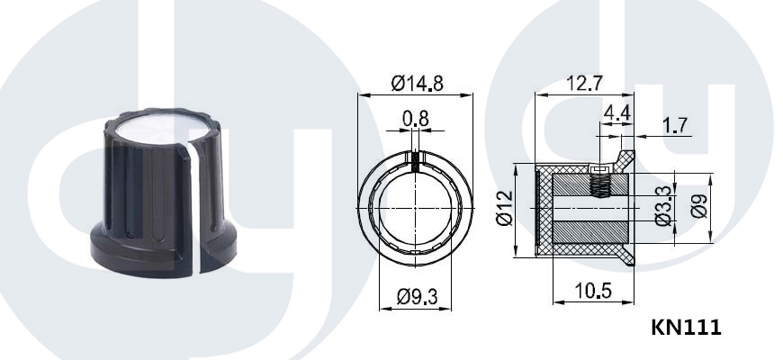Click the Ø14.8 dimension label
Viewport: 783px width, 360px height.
click(x=417, y=83)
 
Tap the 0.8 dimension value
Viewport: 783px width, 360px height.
click(x=416, y=119)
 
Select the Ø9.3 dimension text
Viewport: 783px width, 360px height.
click(x=417, y=297)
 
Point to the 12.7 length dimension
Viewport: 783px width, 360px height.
click(x=584, y=83)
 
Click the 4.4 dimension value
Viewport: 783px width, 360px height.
click(x=616, y=112)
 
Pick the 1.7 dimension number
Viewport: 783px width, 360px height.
click(x=675, y=125)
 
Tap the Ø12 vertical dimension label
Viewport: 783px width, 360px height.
click(x=504, y=208)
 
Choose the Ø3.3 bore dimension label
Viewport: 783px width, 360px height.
click(x=663, y=206)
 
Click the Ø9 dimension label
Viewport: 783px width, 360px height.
click(x=699, y=206)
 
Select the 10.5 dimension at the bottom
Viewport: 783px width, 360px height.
click(x=593, y=291)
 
